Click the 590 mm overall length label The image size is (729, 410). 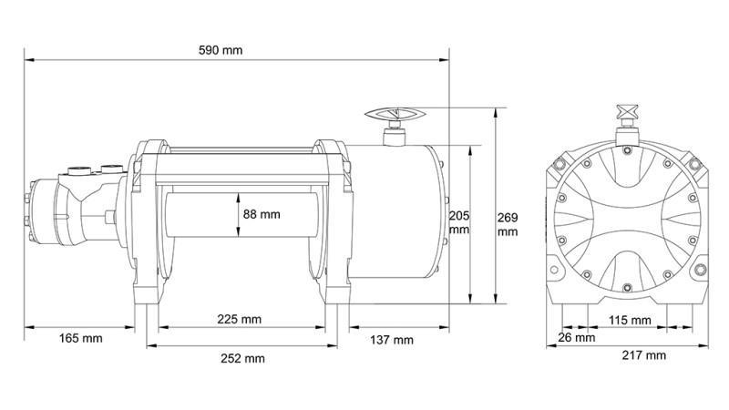(x=221, y=49)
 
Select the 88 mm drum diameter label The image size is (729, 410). (x=262, y=215)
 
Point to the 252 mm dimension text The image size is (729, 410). (x=243, y=358)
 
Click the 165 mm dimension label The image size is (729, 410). (x=80, y=339)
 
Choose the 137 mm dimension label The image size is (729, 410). (x=391, y=340)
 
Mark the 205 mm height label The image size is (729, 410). (x=459, y=222)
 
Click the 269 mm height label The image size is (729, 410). (x=508, y=224)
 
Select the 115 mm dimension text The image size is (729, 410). (x=629, y=320)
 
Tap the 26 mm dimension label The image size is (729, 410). (x=577, y=337)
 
